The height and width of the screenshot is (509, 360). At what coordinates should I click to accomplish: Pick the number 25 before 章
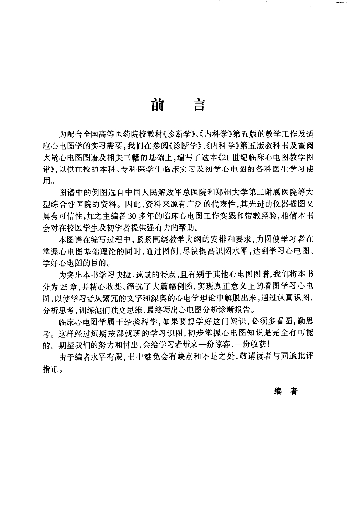point(78,287)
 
